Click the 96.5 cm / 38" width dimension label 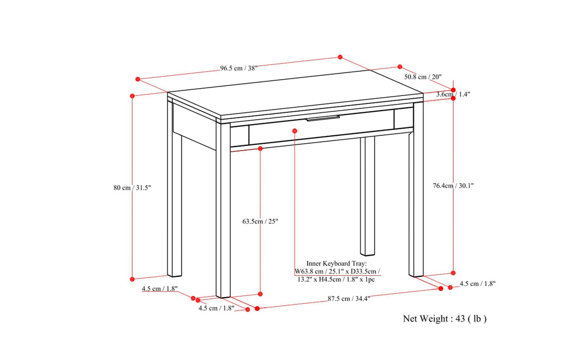[x=238, y=69]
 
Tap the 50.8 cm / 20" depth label [x=423, y=77]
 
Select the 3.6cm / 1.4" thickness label [x=453, y=95]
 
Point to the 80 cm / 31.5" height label [x=132, y=188]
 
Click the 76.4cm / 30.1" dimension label [x=453, y=185]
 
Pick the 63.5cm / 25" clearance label [x=260, y=221]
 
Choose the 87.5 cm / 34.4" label [x=349, y=299]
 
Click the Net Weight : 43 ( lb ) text [x=445, y=319]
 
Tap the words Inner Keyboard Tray [x=336, y=263]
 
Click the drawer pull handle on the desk [x=323, y=119]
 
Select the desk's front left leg [x=223, y=213]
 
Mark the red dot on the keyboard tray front [x=295, y=130]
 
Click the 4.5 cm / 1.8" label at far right [x=477, y=284]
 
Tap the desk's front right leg [x=416, y=197]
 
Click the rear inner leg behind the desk [x=367, y=197]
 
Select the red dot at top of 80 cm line [x=133, y=96]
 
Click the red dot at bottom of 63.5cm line [x=260, y=293]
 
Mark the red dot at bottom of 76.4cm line [x=453, y=273]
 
